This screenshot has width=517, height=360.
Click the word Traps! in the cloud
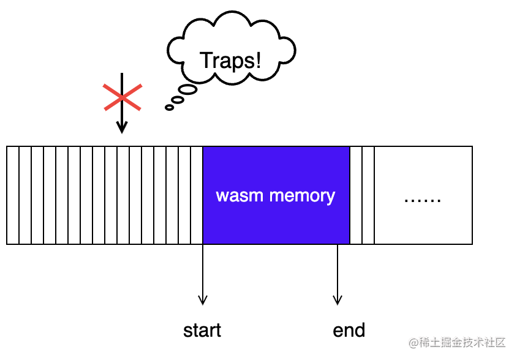[230, 61]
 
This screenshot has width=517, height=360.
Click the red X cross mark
[123, 97]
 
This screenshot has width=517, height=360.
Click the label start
[202, 331]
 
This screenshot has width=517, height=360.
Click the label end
[349, 331]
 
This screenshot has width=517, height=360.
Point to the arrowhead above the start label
[202, 300]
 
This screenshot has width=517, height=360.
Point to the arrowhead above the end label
[337, 300]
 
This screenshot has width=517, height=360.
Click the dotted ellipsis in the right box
[423, 200]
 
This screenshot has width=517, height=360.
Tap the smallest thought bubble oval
[169, 108]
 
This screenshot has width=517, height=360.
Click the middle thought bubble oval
[178, 99]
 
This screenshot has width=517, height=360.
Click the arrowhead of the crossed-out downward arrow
[122, 128]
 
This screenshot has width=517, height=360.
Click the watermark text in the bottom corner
[458, 342]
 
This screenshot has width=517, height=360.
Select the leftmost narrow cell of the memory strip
[13, 195]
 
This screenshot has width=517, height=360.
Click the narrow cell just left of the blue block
[197, 195]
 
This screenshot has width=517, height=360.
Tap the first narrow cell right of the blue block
[356, 195]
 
